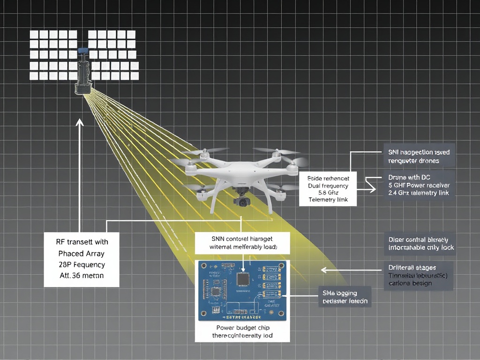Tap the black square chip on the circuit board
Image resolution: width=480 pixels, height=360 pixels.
[x=243, y=278]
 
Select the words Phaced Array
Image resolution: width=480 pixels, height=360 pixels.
[x=81, y=253]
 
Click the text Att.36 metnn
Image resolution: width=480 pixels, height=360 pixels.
[x=81, y=276]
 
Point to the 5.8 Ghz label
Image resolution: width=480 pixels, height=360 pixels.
[x=328, y=193]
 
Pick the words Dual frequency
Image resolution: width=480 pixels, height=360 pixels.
[x=328, y=186]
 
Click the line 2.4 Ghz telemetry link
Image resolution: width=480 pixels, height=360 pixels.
[x=419, y=193]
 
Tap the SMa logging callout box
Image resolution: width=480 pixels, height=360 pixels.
[x=345, y=297]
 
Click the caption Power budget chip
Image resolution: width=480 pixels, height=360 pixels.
[x=243, y=328]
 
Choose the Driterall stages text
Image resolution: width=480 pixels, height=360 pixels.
[x=412, y=267]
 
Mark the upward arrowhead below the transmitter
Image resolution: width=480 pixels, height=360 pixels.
[x=79, y=123]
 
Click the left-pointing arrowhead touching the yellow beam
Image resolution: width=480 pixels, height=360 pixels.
[x=323, y=270]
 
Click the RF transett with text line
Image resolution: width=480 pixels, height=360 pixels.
[x=81, y=242]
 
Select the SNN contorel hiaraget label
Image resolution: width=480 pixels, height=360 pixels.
[x=243, y=239]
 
